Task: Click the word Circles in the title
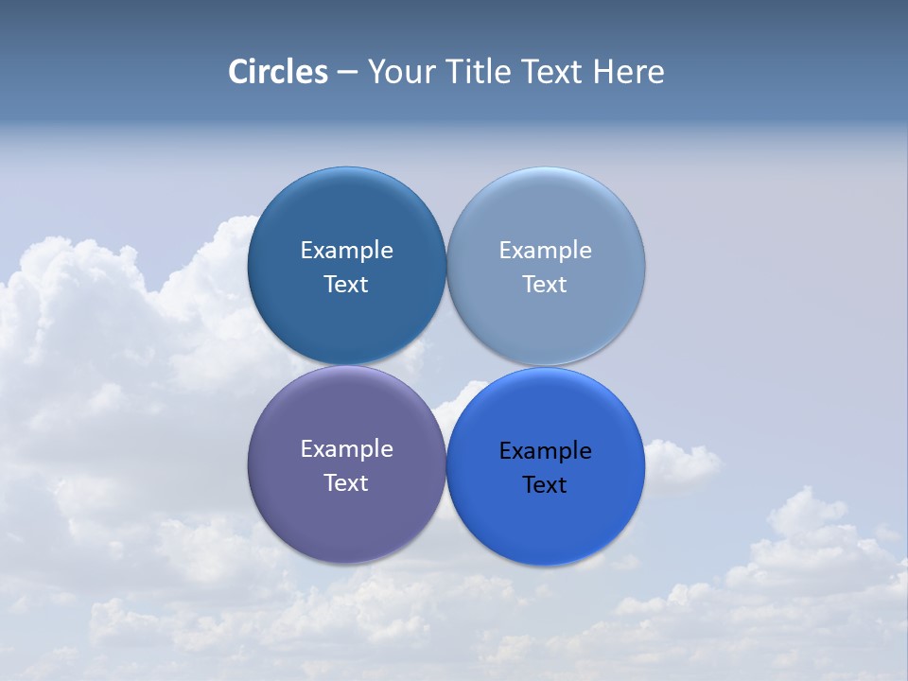click(x=277, y=72)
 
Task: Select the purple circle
click(x=346, y=515)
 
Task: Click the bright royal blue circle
click(x=546, y=520)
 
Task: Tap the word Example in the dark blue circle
click(x=346, y=251)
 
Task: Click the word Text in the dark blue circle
click(x=346, y=285)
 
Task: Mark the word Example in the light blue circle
click(x=545, y=251)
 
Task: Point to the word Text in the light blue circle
click(x=545, y=285)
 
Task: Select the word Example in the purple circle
click(x=346, y=449)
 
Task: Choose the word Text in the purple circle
click(x=346, y=483)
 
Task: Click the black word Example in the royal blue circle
click(x=545, y=451)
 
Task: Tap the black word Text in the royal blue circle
click(x=545, y=485)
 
